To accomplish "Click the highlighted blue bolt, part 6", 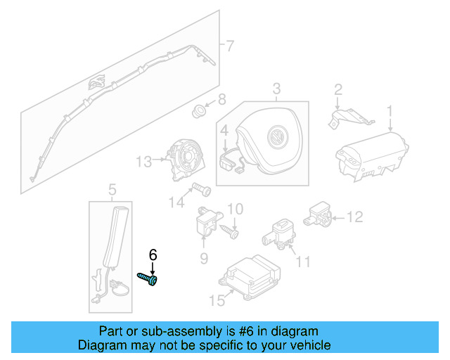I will coord(148,279).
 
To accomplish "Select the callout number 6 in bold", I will coord(153,255).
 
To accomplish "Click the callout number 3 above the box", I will coord(276,89).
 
